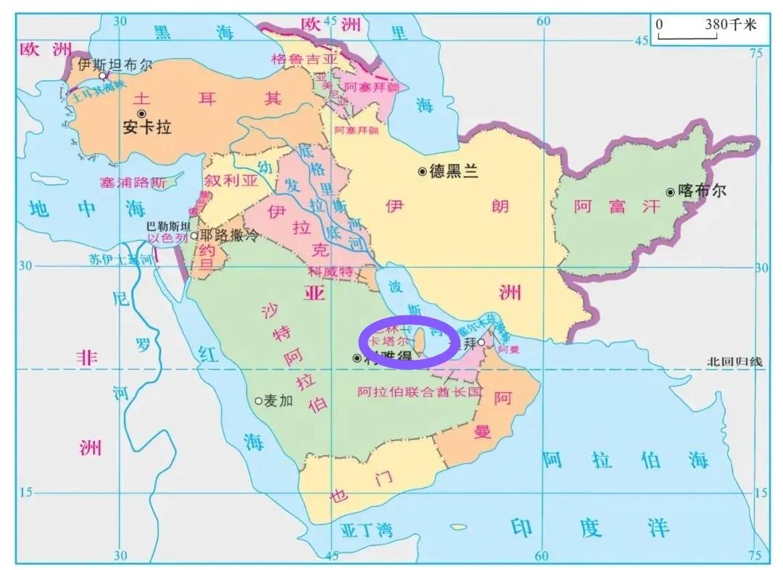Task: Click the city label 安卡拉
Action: (x=146, y=128)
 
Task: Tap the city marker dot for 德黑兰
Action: (x=421, y=171)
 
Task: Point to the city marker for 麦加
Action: (x=258, y=400)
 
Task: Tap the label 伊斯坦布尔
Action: (x=115, y=64)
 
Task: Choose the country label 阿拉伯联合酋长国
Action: (x=419, y=392)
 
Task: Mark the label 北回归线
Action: (x=734, y=361)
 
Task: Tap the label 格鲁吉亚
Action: (x=304, y=58)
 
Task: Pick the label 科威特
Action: (x=330, y=272)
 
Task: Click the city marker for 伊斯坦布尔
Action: (x=103, y=75)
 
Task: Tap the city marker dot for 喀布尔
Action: (x=670, y=192)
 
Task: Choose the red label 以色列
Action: (x=168, y=237)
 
